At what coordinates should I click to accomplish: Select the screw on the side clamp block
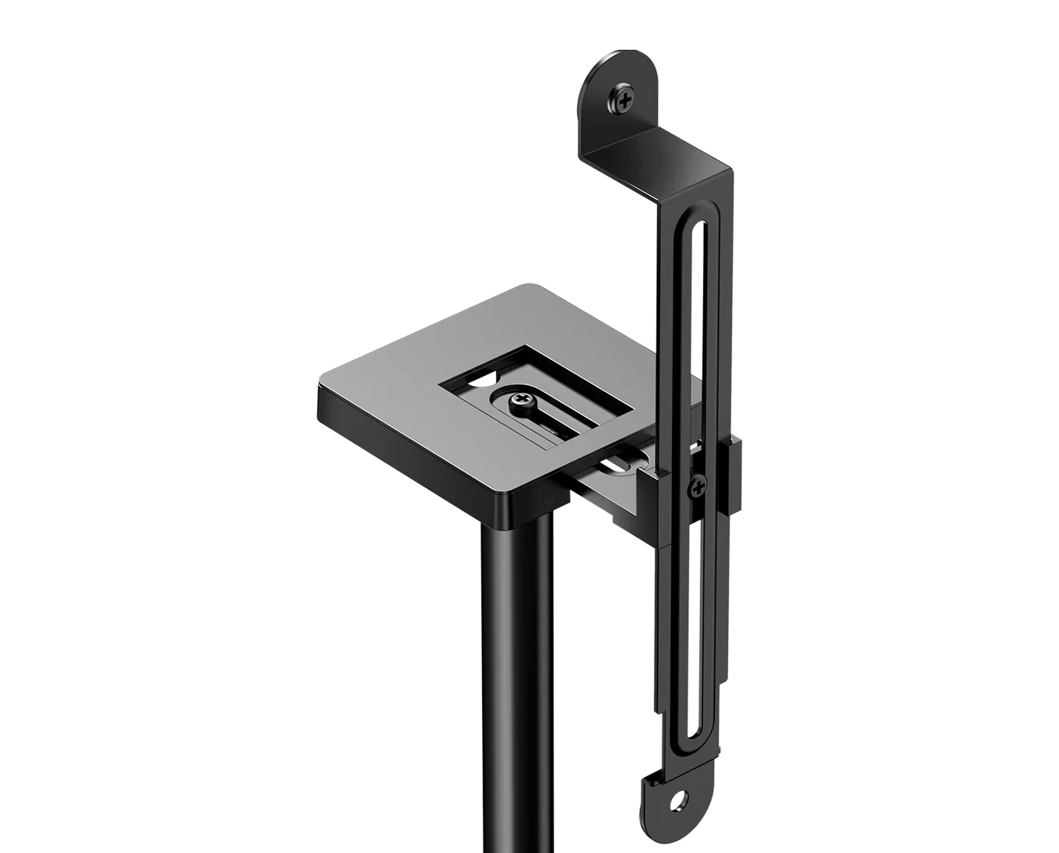pos(698,487)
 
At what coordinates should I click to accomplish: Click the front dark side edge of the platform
pos(413,451)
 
